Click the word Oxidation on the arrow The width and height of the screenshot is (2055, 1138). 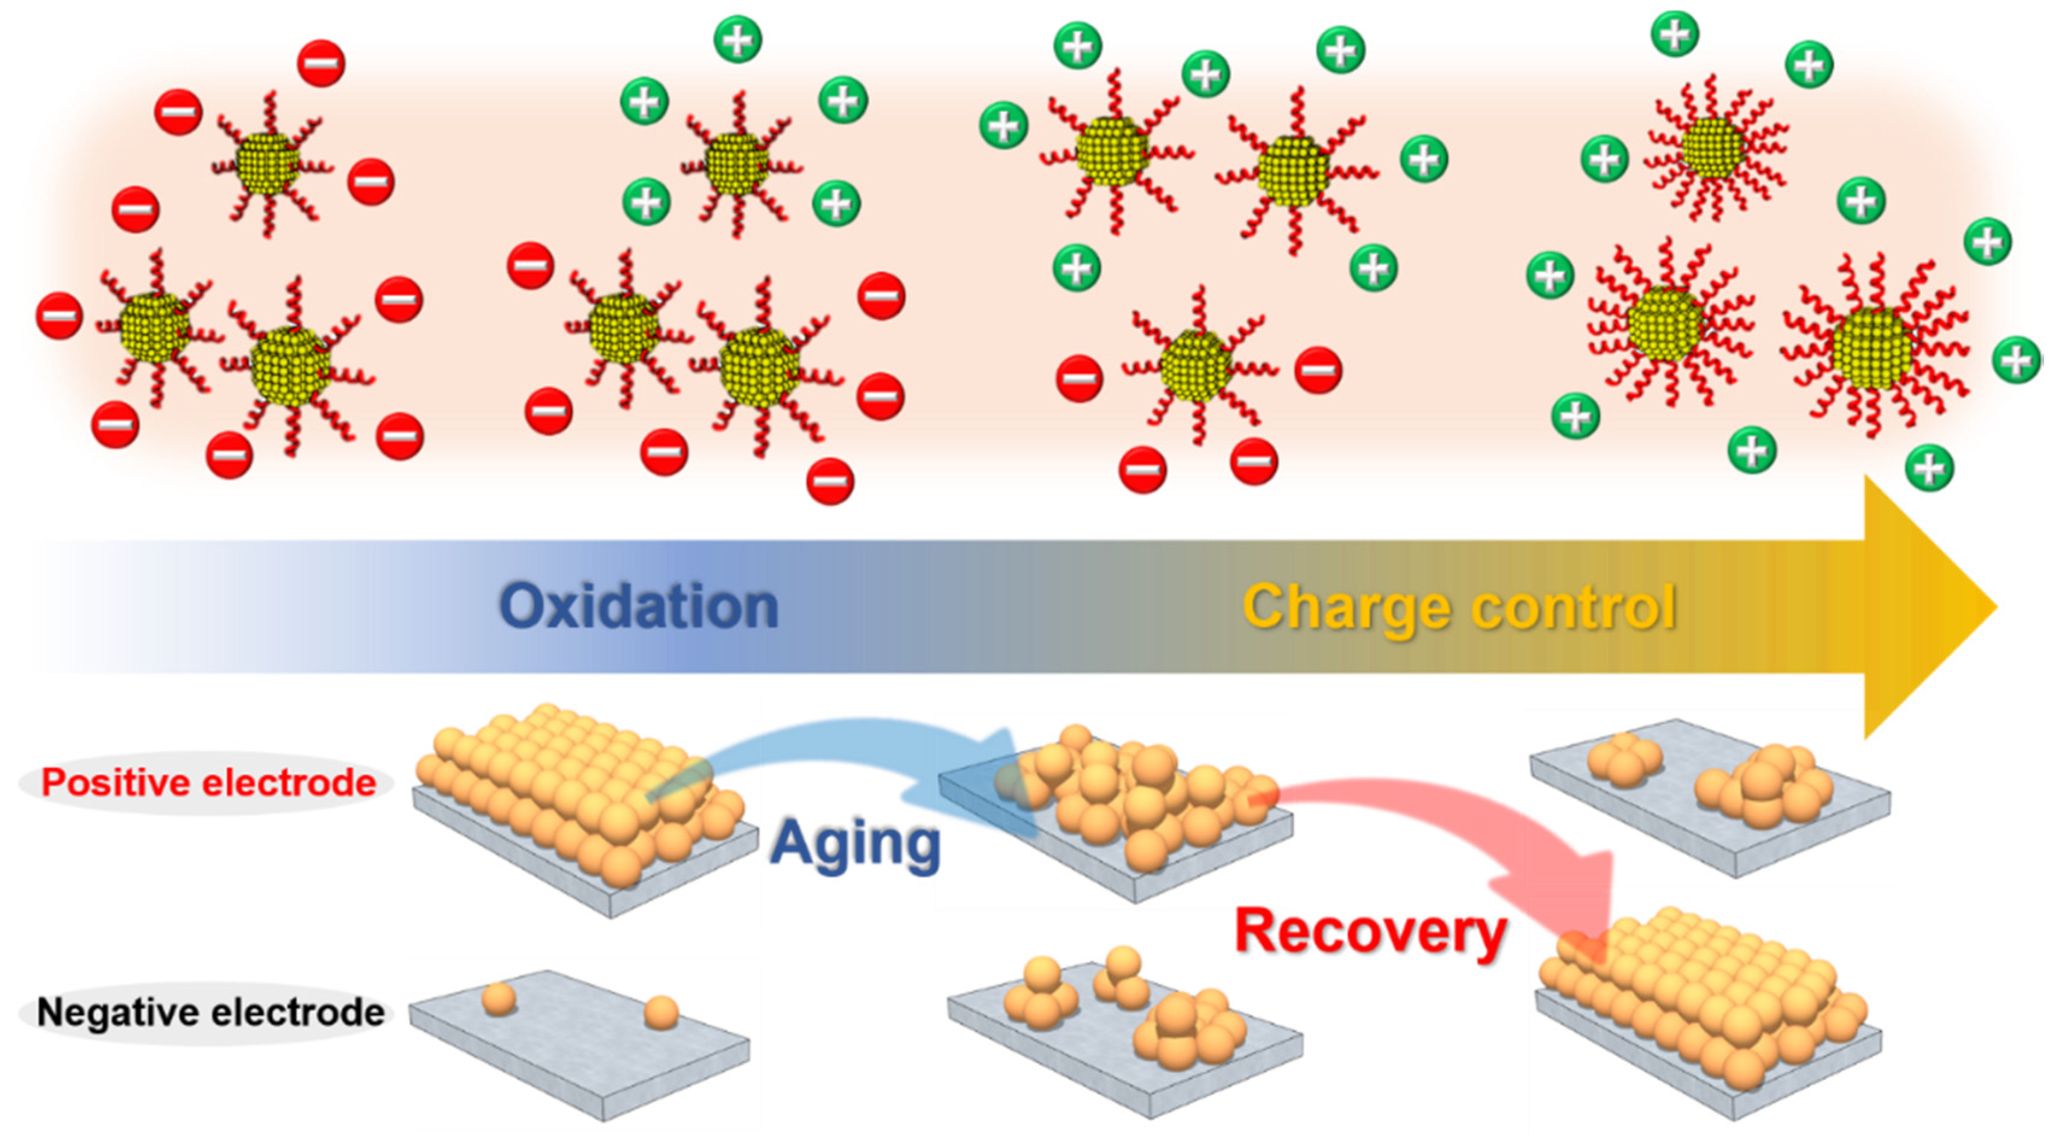[638, 607]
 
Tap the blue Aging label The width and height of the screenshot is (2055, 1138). [855, 844]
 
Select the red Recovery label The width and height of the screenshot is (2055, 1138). [1370, 931]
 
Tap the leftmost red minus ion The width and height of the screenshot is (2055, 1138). [59, 316]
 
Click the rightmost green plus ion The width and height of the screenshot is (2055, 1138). [2016, 359]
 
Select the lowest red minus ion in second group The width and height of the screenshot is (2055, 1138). [830, 482]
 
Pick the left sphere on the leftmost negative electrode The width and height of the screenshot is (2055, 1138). [499, 998]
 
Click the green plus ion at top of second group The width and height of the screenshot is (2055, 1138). [738, 39]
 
